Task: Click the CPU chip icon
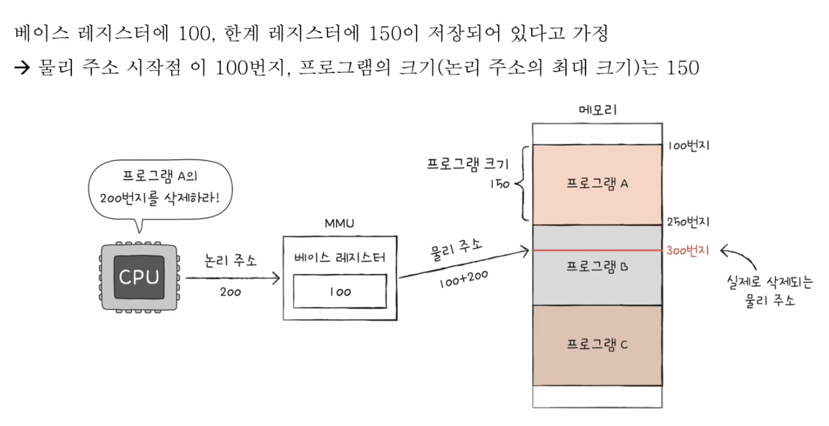pos(139,277)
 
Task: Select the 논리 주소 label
pos(231,261)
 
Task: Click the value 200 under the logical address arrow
pos(230,292)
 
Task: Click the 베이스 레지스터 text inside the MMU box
pos(340,257)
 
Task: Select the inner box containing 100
pos(340,292)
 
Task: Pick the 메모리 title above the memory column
pos(597,110)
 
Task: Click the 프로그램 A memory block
pos(597,183)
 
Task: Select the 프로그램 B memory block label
pos(597,265)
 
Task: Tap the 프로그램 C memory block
pos(597,345)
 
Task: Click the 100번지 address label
pos(688,145)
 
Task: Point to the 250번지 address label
pos(688,222)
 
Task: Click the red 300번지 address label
pos(688,251)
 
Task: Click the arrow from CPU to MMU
pos(233,278)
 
